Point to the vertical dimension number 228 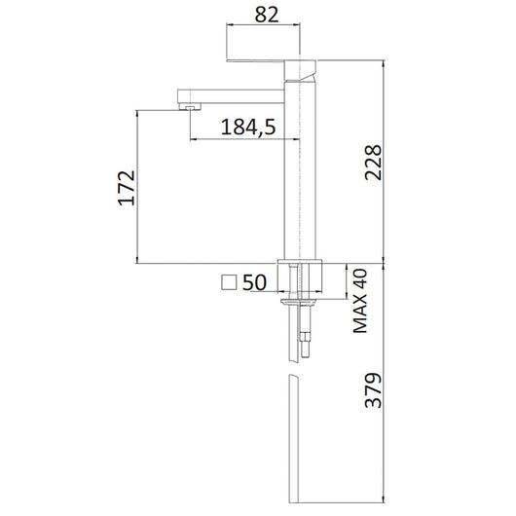pyautogui.click(x=369, y=166)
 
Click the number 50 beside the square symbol pyautogui.click(x=255, y=282)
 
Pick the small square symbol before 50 pyautogui.click(x=230, y=282)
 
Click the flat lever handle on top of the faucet pyautogui.click(x=261, y=61)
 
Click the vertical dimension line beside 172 pyautogui.click(x=136, y=187)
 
